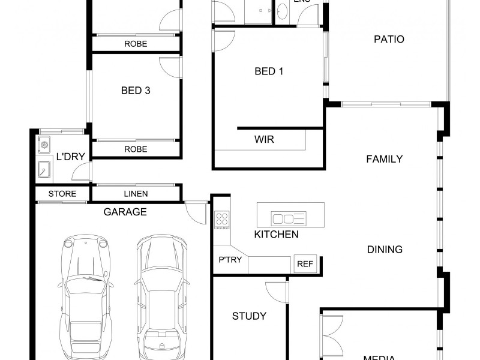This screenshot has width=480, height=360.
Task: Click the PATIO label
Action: [x=389, y=40]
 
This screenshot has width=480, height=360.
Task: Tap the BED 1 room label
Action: [x=269, y=71]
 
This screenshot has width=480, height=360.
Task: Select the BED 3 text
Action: [x=136, y=91]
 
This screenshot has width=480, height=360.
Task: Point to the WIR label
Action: [x=265, y=140]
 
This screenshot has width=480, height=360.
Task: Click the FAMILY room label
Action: [x=384, y=159]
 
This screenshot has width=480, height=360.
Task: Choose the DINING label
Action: [x=385, y=249]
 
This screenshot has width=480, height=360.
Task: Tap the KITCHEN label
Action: [x=276, y=234]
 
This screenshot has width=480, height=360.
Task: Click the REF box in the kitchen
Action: [x=304, y=264]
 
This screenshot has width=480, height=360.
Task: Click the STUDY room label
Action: [x=249, y=316]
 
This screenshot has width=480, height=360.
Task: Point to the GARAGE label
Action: [x=125, y=212]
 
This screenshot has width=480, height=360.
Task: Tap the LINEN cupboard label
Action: [x=136, y=194]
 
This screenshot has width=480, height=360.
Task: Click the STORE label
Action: [x=62, y=194]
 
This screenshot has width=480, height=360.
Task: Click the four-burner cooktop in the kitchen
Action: [x=222, y=220]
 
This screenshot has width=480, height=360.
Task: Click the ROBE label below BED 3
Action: [x=136, y=149]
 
